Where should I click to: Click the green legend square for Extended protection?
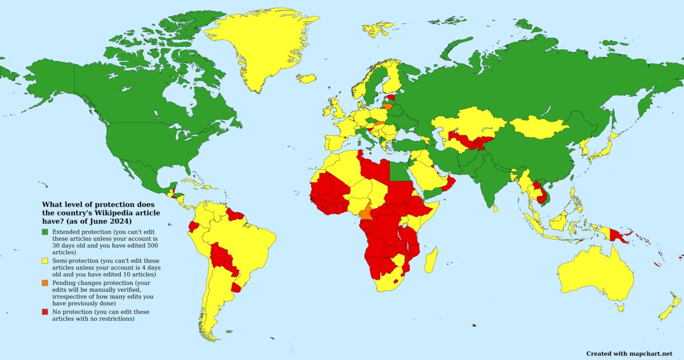pos(45,232)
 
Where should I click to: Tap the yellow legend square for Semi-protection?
pos(45,261)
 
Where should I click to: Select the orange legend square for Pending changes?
pos(45,283)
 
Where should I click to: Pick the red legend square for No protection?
pos(45,312)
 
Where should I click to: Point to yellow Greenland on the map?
pos(258,44)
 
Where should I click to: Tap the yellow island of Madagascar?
pos(431,260)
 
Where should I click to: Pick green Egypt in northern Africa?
pos(400,171)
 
